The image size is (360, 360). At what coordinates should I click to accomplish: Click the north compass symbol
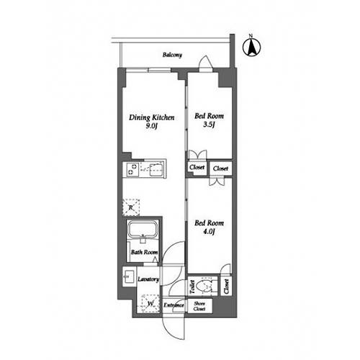tap(251, 48)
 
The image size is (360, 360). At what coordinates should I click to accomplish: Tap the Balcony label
tap(172, 55)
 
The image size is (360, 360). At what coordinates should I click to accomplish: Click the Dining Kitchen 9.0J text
tap(152, 122)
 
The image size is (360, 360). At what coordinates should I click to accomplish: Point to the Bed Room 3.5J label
tap(209, 120)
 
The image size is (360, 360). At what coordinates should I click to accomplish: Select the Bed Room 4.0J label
tap(209, 227)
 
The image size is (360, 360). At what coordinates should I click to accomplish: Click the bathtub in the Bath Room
tap(143, 228)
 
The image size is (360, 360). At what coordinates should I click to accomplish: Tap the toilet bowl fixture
tap(204, 287)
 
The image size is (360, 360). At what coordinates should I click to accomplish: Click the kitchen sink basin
tap(156, 169)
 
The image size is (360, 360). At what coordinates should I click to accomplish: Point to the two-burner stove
tap(131, 169)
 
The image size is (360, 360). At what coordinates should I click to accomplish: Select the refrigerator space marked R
tap(131, 207)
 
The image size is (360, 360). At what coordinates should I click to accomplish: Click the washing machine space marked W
tap(150, 304)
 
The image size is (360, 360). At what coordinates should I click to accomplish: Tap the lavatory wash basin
tap(129, 276)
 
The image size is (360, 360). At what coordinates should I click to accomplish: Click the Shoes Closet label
tap(199, 306)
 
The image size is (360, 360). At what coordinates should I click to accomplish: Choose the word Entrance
tap(174, 305)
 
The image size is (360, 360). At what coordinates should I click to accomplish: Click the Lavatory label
tap(148, 279)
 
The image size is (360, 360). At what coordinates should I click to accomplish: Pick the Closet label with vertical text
tap(226, 287)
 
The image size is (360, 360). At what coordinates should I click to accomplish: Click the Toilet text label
tap(192, 287)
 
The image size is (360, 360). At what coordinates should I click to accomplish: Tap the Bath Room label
tap(144, 252)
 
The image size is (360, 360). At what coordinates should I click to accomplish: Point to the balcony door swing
tap(206, 62)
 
